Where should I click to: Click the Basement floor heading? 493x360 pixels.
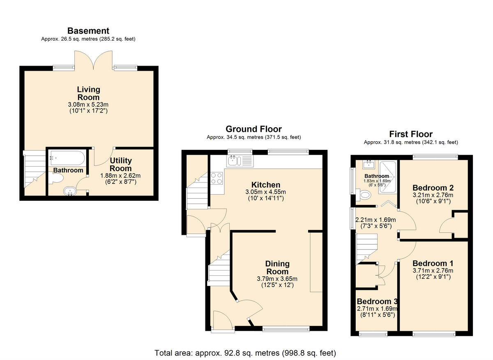(x=88, y=31)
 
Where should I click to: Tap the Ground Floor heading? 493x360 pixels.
(x=253, y=129)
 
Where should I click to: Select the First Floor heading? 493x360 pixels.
(x=410, y=134)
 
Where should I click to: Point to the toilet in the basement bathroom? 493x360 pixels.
(x=57, y=178)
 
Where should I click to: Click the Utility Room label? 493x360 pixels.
(x=120, y=165)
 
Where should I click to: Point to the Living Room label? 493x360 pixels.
(x=88, y=93)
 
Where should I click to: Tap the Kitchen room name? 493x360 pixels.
(x=266, y=185)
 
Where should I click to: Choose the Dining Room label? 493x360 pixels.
(x=277, y=268)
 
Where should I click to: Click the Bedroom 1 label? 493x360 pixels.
(x=433, y=264)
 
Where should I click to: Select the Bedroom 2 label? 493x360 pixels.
(x=433, y=188)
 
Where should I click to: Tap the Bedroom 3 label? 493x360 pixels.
(x=377, y=302)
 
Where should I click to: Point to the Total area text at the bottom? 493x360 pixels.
(x=245, y=353)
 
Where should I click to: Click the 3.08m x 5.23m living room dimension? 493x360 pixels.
(x=88, y=104)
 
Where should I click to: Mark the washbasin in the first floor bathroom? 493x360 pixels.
(x=368, y=165)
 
